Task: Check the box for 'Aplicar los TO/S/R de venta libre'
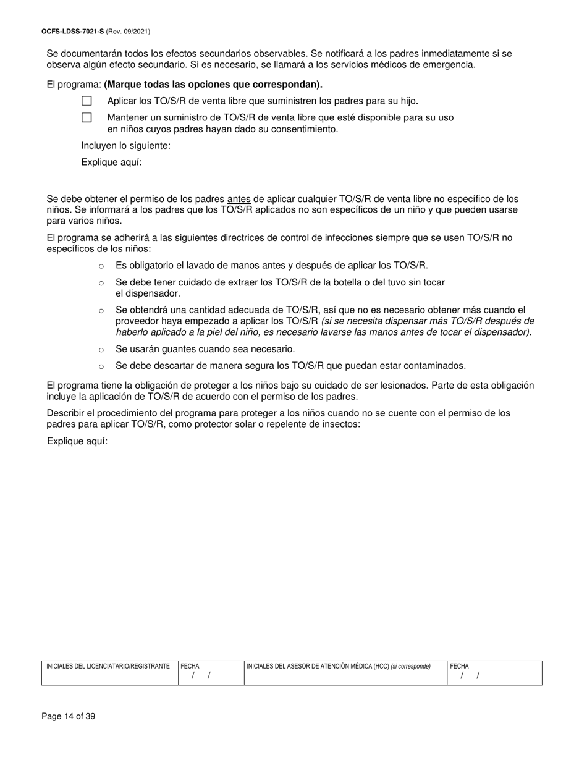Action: point(87,101)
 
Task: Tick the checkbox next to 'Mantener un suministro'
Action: point(87,117)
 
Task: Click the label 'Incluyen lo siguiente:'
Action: point(125,146)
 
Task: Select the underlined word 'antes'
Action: point(239,200)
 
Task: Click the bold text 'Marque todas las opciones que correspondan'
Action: point(213,85)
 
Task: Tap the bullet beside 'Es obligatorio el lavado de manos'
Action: point(101,266)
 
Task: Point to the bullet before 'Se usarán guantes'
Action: point(101,350)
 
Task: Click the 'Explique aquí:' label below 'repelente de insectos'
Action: point(77,441)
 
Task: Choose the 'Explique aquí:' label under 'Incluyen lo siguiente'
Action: point(111,163)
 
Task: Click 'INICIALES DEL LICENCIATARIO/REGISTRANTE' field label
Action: point(108,667)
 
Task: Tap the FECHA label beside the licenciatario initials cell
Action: point(190,667)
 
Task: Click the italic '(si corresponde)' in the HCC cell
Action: point(411,667)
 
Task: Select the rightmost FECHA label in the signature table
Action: point(459,667)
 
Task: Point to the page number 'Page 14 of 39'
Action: point(68,717)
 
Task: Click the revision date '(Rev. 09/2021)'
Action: point(128,32)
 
